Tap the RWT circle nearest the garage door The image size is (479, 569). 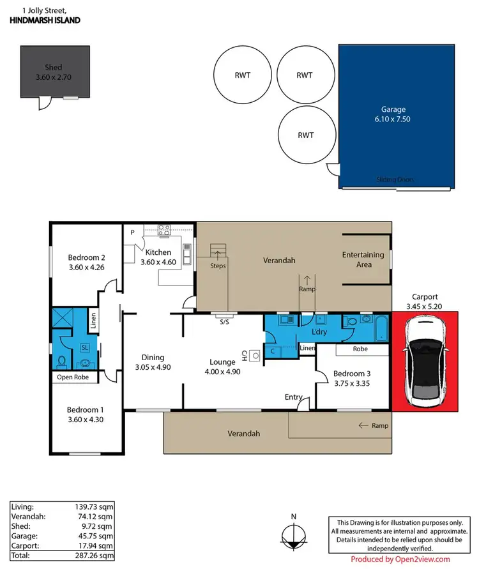tap(306, 135)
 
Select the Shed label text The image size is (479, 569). tap(53, 67)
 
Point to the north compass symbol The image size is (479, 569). tap(293, 535)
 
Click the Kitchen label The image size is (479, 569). tap(156, 252)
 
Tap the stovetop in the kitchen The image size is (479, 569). tap(163, 232)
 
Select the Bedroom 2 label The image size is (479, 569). tap(86, 258)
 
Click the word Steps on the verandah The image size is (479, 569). tap(218, 266)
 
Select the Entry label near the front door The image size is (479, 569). tap(293, 397)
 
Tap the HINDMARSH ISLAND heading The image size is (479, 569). tap(45, 20)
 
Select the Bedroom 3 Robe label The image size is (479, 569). tap(360, 349)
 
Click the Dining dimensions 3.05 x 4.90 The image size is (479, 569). tap(153, 367)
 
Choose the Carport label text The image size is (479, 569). tap(425, 297)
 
